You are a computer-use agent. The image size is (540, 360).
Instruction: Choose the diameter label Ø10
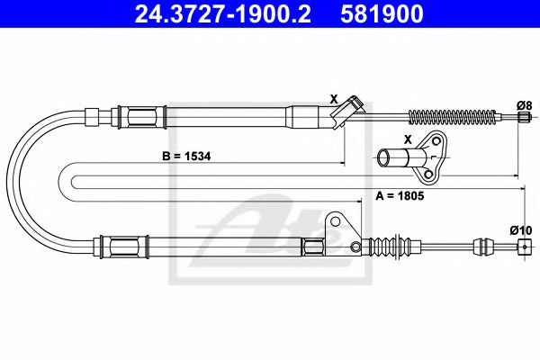tap(519, 230)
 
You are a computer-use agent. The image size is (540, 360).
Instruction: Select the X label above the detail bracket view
tap(408, 139)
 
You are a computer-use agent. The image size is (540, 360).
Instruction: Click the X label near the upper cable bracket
tap(333, 98)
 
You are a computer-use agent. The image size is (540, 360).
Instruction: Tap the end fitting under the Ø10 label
tap(520, 253)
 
